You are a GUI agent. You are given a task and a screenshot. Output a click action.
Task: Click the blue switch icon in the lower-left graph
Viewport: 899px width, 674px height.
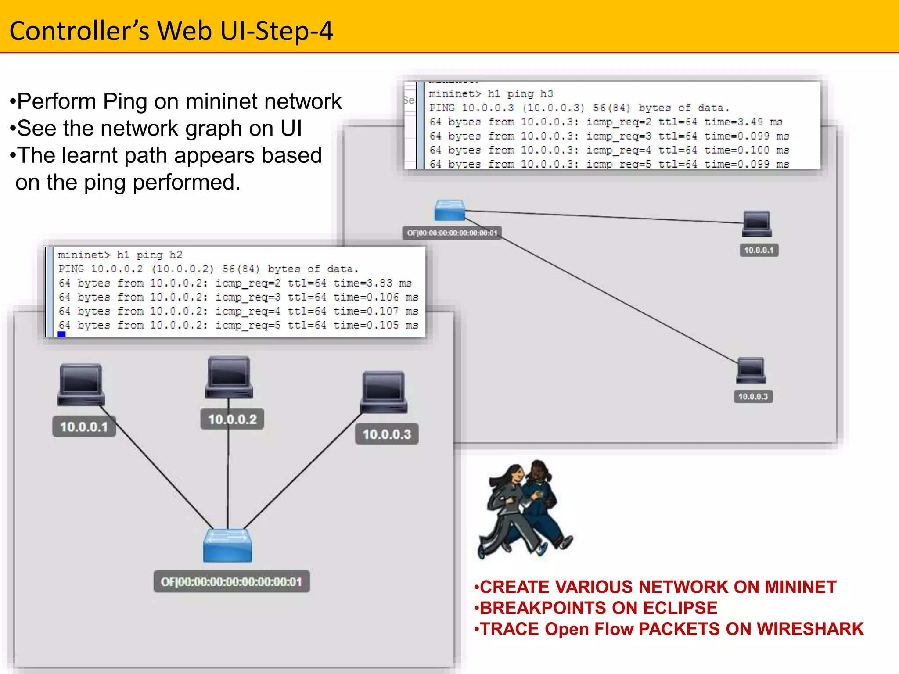pos(227,546)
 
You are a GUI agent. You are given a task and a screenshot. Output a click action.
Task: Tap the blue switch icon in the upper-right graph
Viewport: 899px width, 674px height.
pos(449,211)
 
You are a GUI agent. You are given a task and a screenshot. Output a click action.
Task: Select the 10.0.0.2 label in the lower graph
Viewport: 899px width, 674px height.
pos(232,419)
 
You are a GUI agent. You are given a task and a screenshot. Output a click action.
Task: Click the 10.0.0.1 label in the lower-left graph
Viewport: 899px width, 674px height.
pos(84,427)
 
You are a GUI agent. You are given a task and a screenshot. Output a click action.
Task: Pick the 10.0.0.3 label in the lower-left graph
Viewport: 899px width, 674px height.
pos(387,434)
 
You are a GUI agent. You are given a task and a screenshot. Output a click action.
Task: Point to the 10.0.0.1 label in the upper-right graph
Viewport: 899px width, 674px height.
pos(759,250)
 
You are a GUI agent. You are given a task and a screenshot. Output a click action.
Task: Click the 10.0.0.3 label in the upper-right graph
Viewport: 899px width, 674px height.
pos(753,397)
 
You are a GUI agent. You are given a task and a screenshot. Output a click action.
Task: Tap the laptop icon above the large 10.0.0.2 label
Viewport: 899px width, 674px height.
pos(229,377)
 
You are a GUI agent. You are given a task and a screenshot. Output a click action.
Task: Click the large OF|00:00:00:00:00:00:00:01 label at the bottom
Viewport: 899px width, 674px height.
pos(231,582)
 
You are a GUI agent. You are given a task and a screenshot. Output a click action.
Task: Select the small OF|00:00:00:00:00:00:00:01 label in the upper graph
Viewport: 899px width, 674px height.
pos(452,233)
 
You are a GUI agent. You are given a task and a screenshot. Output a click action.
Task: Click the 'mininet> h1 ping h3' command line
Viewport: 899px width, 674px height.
pos(490,94)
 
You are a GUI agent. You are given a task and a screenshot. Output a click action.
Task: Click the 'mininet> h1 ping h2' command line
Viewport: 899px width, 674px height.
pos(120,255)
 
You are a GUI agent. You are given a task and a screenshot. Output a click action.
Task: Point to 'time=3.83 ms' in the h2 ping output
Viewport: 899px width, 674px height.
pos(372,283)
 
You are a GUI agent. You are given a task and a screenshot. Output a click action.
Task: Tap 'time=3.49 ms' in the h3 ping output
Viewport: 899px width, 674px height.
pos(743,122)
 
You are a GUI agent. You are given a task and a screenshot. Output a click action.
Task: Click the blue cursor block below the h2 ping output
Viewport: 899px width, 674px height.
pos(61,334)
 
